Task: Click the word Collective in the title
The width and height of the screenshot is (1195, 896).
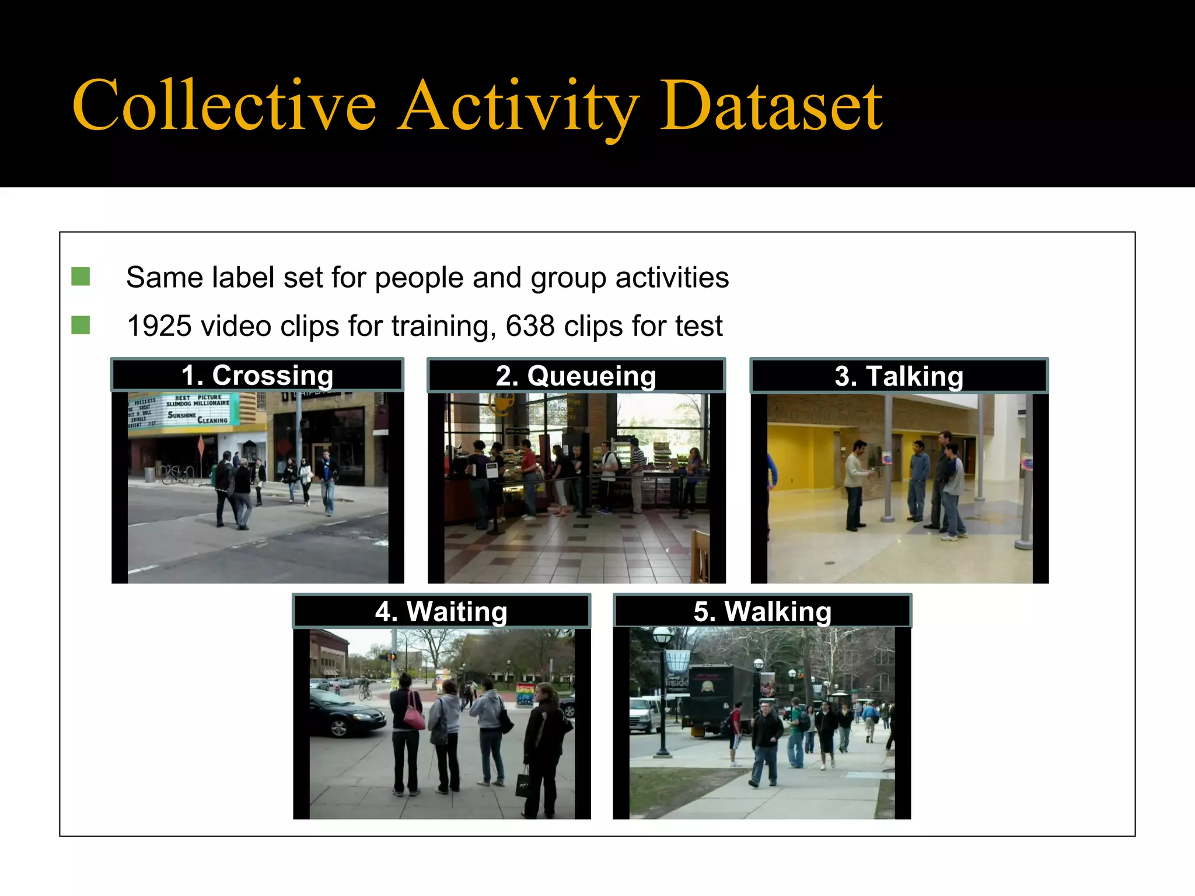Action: point(225,106)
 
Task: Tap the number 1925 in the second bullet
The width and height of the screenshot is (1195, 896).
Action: point(159,326)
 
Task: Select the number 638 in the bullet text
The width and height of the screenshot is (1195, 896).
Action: point(530,326)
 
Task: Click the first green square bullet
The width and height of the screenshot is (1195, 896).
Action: point(81,276)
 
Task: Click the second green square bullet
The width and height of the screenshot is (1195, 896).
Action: point(81,325)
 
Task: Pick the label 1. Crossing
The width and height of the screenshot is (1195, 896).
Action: point(257,375)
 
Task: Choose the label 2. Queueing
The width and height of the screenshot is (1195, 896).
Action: point(576,376)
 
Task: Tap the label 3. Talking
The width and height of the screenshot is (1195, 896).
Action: point(899,376)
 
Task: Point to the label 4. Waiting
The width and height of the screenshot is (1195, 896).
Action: point(441,612)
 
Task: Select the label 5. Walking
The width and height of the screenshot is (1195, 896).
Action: point(762,612)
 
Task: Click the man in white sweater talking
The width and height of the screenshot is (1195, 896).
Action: point(855,484)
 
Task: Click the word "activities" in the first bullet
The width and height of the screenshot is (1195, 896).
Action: point(672,278)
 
